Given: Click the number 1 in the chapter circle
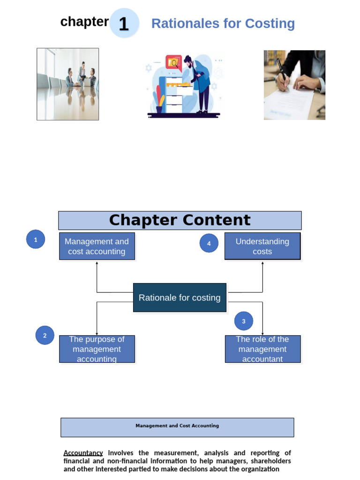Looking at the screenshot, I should pyautogui.click(x=124, y=23).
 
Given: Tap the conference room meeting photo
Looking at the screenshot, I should pyautogui.click(x=67, y=84).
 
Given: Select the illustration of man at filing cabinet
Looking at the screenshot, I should pyautogui.click(x=185, y=85).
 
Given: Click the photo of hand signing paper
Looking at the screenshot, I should pyautogui.click(x=294, y=85).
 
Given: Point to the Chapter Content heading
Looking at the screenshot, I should pyautogui.click(x=180, y=220).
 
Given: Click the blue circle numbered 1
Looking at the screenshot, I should pyautogui.click(x=36, y=240).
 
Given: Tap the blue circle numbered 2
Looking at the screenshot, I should pyautogui.click(x=45, y=336).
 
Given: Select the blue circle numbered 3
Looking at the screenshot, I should pyautogui.click(x=244, y=321).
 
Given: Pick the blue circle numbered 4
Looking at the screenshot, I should pyautogui.click(x=209, y=243).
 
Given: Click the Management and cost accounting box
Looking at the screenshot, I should pyautogui.click(x=97, y=247).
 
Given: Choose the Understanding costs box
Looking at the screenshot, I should pyautogui.click(x=262, y=247).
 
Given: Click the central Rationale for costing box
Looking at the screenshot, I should pyautogui.click(x=180, y=298).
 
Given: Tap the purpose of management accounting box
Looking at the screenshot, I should pyautogui.click(x=97, y=349).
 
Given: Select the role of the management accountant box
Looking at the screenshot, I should pyautogui.click(x=262, y=349).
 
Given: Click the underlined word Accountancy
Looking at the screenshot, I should pyautogui.click(x=83, y=453).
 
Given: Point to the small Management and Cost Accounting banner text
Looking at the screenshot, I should pyautogui.click(x=177, y=426).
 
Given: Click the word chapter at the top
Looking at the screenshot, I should pyautogui.click(x=84, y=22).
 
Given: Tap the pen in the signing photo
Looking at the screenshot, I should pyautogui.click(x=281, y=70).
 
